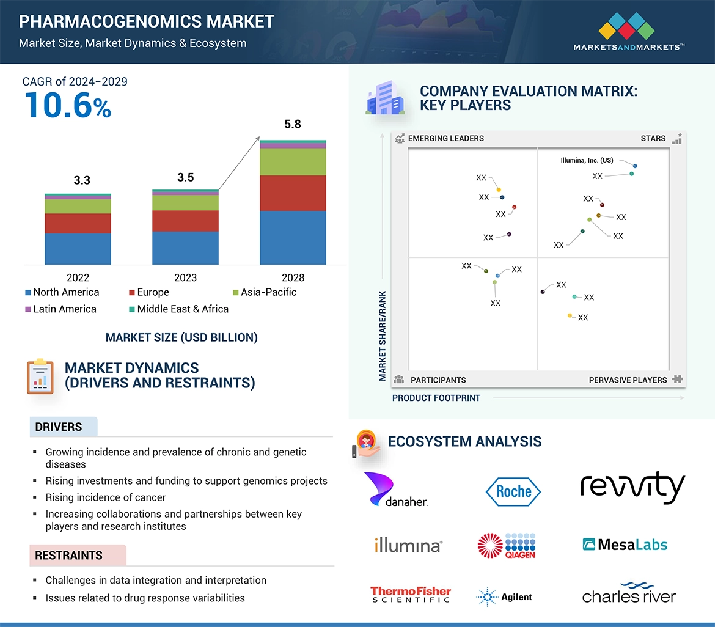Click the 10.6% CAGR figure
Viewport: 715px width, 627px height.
coord(68,105)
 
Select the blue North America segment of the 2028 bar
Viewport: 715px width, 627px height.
coord(293,237)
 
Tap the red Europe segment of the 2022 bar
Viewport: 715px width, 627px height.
coord(78,223)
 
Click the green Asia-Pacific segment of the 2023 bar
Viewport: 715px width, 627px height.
coord(185,202)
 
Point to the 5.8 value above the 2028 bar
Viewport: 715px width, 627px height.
coord(293,124)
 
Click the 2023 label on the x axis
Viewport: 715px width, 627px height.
coord(185,277)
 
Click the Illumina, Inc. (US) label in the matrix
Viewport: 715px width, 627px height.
coord(587,161)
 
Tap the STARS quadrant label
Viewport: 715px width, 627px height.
coord(653,138)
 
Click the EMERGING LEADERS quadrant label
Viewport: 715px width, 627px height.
coord(446,138)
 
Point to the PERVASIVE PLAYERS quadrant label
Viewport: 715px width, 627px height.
coord(628,380)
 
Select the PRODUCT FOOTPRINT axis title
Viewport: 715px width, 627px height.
coord(436,398)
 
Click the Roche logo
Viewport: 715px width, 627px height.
coord(513,491)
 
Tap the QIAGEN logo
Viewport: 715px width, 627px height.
coord(507,545)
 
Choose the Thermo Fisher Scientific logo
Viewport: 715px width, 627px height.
coord(410,595)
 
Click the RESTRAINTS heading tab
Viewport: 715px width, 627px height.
coord(69,555)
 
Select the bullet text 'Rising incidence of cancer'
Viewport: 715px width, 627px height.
coord(105,497)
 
